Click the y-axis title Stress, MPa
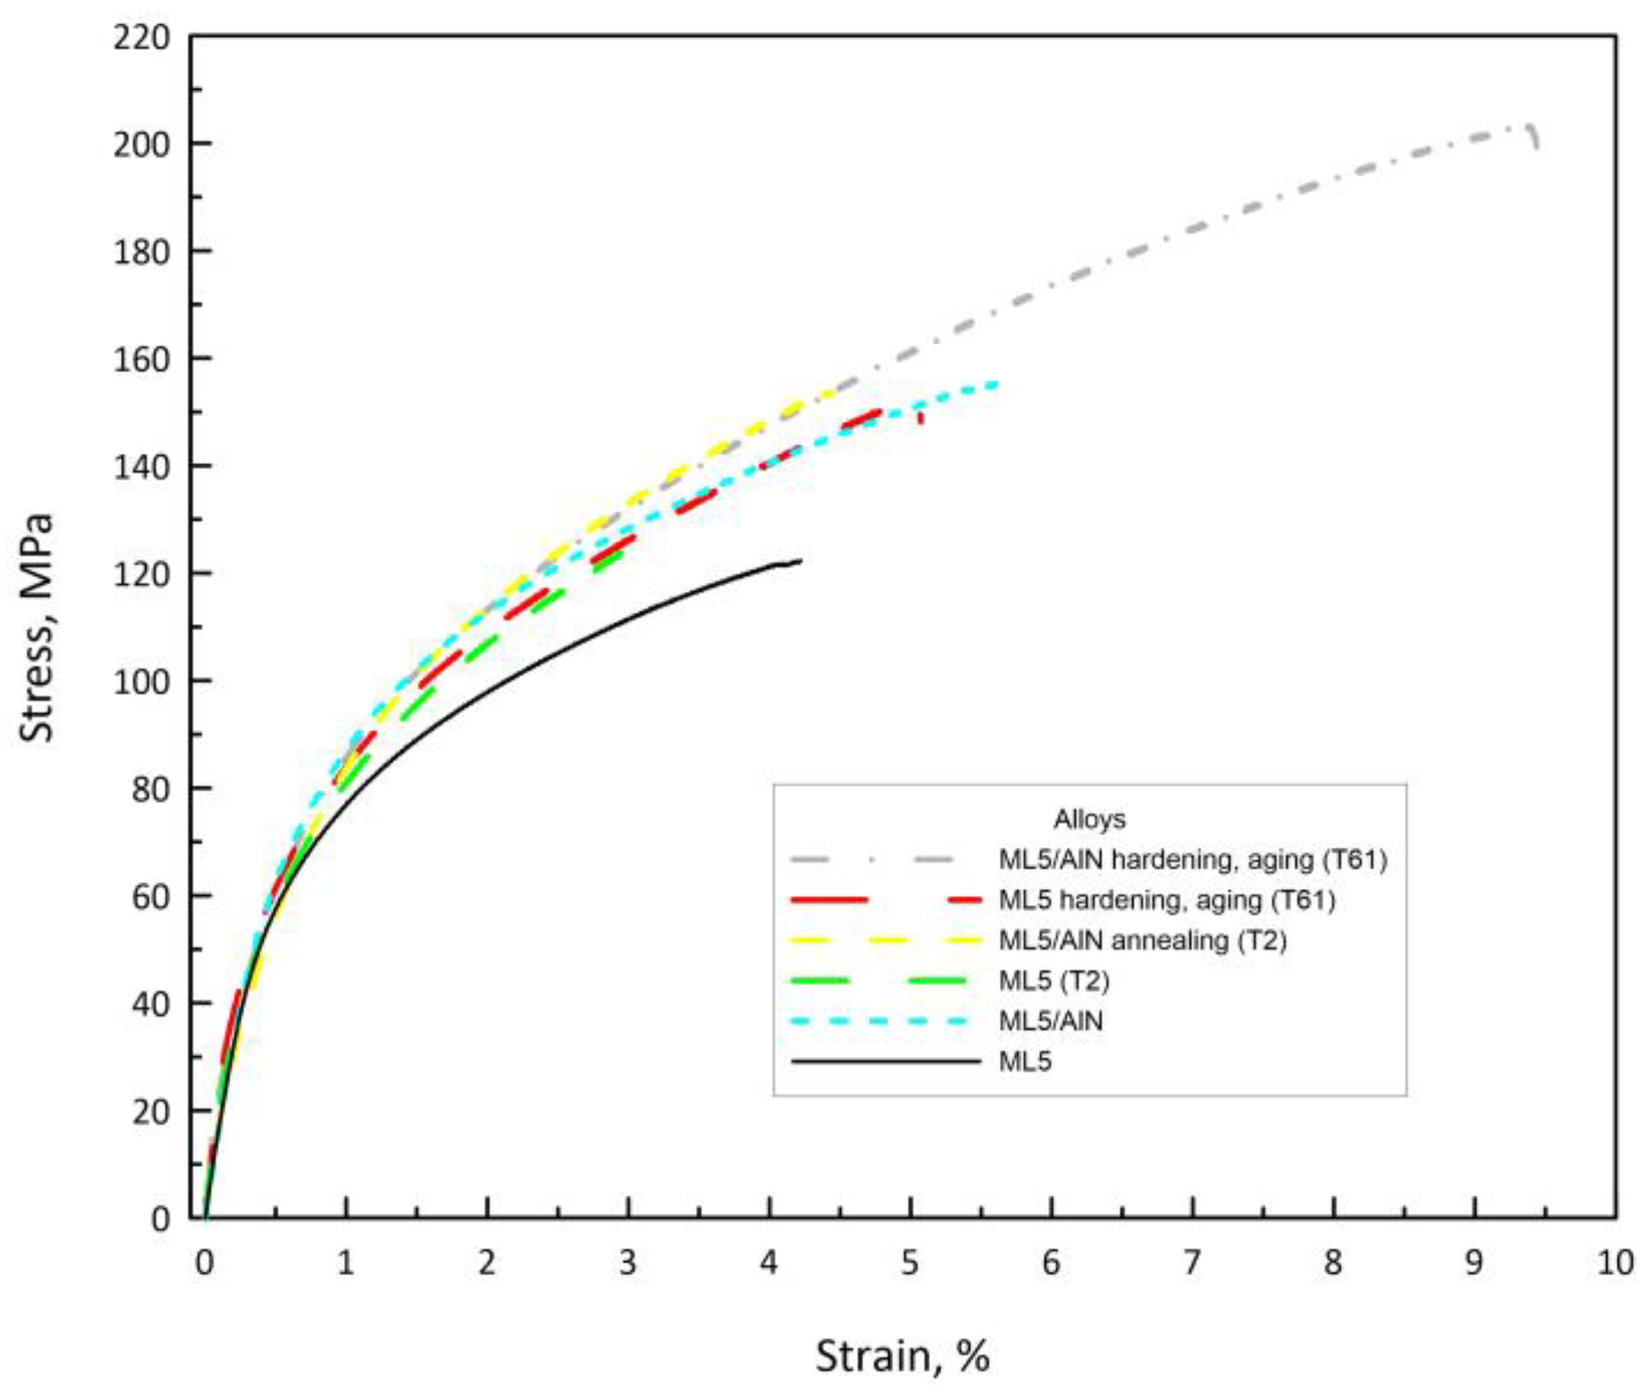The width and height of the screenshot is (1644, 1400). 37,628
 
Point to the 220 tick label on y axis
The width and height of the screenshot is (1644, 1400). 141,38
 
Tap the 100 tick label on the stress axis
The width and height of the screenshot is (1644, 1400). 141,682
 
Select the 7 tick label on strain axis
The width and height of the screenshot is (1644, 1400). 1192,1263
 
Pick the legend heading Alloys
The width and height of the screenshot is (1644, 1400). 1089,819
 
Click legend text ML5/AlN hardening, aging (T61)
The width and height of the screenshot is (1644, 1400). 1193,860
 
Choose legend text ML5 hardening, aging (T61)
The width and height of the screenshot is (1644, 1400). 1166,900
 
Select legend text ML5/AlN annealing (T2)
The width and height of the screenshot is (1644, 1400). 1141,940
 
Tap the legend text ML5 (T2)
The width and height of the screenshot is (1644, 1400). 1053,981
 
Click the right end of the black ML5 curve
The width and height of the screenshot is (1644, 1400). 800,561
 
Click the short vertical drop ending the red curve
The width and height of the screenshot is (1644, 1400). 920,417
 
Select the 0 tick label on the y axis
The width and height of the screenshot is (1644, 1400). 159,1219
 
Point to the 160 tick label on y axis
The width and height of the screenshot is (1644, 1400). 141,359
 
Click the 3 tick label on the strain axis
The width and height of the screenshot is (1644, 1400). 627,1263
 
